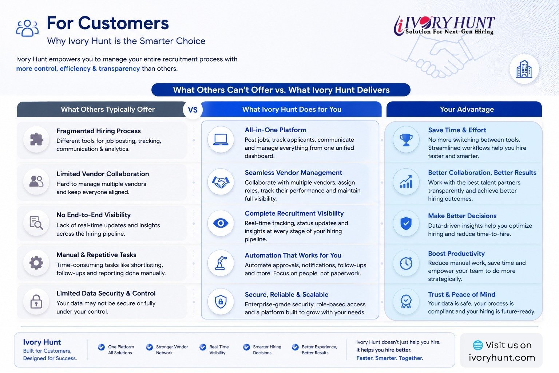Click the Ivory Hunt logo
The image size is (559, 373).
click(444, 25)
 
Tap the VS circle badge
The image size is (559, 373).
click(193, 110)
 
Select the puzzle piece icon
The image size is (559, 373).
click(36, 139)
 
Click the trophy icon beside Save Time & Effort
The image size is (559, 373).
click(406, 140)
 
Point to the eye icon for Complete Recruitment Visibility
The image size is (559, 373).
click(221, 223)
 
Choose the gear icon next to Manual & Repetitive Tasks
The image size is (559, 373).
click(36, 263)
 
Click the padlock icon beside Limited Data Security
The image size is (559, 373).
click(36, 301)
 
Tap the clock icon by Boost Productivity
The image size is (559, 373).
click(406, 263)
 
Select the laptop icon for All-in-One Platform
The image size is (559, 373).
click(221, 140)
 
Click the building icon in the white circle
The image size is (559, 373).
click(524, 69)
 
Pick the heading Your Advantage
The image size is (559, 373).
click(467, 109)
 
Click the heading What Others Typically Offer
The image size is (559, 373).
click(108, 109)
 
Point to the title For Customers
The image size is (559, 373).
click(108, 23)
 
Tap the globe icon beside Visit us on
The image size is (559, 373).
click(478, 345)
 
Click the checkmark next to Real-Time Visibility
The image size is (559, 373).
click(203, 347)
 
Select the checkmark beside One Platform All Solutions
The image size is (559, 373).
click(101, 347)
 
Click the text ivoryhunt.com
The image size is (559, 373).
click(502, 357)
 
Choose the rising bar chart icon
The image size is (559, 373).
click(406, 182)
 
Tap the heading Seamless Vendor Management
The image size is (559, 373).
click(293, 173)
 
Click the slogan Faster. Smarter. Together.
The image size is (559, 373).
click(389, 358)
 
